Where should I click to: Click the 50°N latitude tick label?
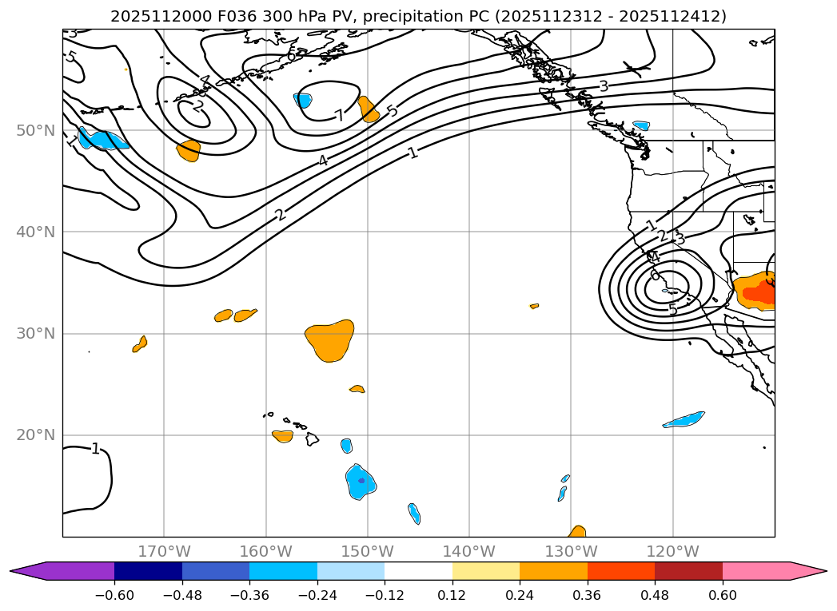coord(37,130)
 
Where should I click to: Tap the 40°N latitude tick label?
coord(37,232)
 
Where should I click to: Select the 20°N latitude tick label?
coord(37,435)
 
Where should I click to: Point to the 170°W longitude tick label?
coord(164,551)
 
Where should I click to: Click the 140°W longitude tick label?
coord(469,551)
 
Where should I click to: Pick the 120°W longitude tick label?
coord(672,551)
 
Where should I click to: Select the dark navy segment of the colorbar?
coord(148,571)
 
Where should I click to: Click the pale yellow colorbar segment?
coord(486,571)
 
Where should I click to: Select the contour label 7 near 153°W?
coord(340,116)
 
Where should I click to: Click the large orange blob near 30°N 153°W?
coord(329,341)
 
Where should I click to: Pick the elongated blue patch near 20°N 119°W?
coord(684,419)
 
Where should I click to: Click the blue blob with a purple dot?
coord(361,482)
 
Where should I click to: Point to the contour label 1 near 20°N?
coord(95,449)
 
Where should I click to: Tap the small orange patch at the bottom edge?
coord(577,532)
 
